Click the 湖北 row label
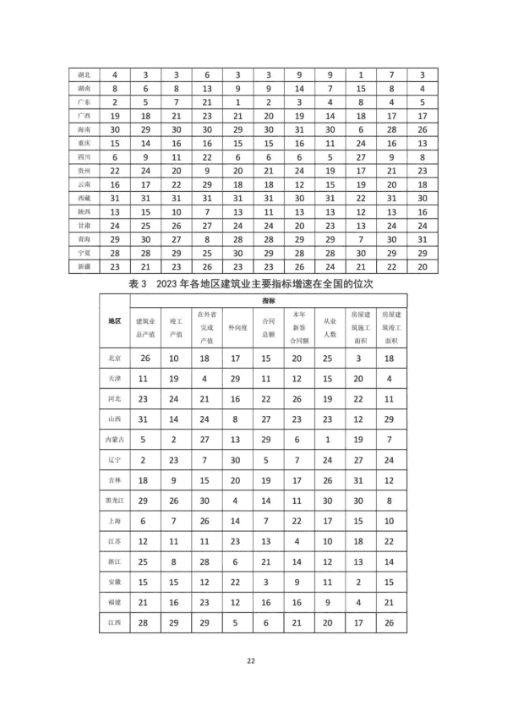coord(84,74)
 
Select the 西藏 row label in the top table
coord(84,198)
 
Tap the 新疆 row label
coord(84,266)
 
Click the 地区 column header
coord(115,321)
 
